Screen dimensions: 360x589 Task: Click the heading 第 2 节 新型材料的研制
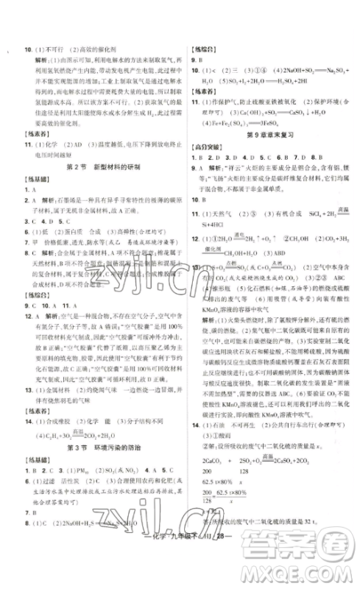tap(92, 188)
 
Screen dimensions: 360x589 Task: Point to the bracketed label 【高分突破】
tap(206, 147)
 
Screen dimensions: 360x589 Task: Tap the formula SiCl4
tap(301, 210)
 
